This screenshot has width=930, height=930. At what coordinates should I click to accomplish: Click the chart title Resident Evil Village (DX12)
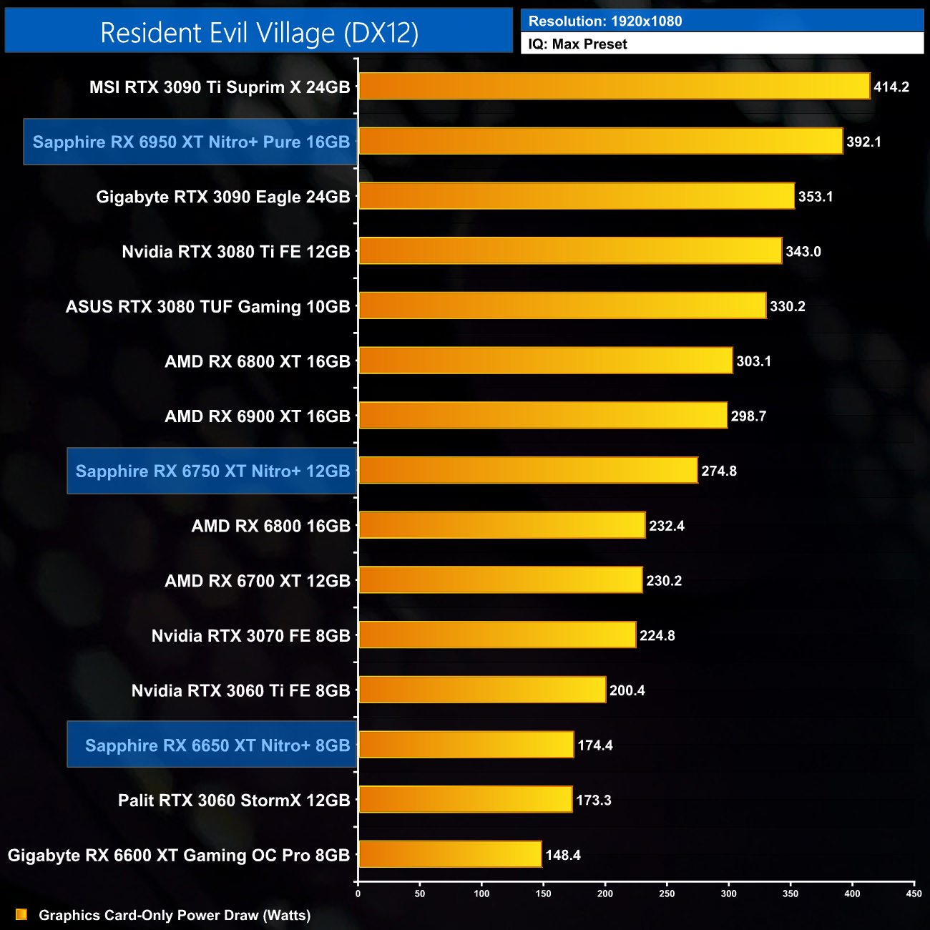(x=259, y=33)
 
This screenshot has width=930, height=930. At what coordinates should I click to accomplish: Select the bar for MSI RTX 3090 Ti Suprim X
(x=614, y=87)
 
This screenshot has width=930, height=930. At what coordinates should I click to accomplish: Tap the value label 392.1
(x=863, y=142)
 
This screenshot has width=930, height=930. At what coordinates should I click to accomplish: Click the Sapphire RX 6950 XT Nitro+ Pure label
(x=191, y=142)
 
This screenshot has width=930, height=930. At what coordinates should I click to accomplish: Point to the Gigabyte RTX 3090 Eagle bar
(x=576, y=197)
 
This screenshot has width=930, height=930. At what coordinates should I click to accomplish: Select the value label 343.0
(x=803, y=252)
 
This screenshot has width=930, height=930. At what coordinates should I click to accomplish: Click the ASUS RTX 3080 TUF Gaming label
(x=207, y=307)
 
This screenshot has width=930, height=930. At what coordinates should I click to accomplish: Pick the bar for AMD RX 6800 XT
(x=545, y=361)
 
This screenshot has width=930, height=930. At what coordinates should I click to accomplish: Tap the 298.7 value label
(x=748, y=416)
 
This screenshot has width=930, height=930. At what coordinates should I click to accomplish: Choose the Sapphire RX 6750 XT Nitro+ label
(x=212, y=471)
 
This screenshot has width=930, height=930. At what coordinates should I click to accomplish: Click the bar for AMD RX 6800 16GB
(x=501, y=526)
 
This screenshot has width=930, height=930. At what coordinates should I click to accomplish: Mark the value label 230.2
(x=664, y=581)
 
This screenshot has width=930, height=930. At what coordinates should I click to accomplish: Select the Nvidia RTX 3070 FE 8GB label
(x=250, y=636)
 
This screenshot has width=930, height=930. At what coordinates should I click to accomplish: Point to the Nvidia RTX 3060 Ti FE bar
(x=482, y=690)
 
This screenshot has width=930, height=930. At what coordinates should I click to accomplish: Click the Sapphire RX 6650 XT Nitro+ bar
(x=466, y=745)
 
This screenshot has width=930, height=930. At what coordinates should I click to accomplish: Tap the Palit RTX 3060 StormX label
(x=234, y=801)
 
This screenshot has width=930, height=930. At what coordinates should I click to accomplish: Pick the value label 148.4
(x=563, y=855)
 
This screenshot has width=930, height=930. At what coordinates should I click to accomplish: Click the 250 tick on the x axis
(x=667, y=894)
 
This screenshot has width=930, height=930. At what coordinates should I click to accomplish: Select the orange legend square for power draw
(x=21, y=915)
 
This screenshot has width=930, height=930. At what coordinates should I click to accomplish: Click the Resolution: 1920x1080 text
(x=605, y=21)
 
